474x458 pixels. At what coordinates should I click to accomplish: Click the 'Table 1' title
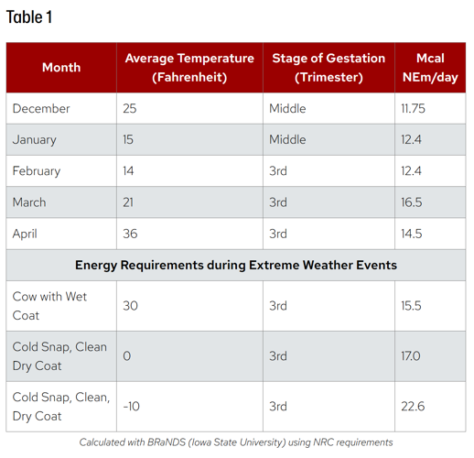click(x=29, y=17)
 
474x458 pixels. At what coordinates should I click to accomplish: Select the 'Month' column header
click(x=61, y=67)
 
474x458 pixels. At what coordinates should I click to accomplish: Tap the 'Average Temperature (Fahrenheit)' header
click(x=189, y=67)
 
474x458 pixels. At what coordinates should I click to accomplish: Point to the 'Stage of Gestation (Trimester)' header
click(x=329, y=67)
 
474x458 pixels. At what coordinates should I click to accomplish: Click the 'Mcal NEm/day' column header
click(x=430, y=67)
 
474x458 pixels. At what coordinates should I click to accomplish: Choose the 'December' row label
click(x=41, y=108)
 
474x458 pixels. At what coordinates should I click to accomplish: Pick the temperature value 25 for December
click(x=129, y=108)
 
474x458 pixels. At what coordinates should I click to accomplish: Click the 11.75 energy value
click(x=415, y=108)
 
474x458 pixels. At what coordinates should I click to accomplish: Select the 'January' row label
click(x=35, y=139)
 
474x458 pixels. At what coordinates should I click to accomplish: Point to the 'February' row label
click(x=37, y=170)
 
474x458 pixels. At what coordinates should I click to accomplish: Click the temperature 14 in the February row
click(x=128, y=170)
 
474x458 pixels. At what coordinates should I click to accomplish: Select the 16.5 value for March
click(x=412, y=202)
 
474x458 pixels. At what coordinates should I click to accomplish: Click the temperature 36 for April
click(x=130, y=234)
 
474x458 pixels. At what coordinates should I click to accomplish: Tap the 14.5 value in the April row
click(x=412, y=234)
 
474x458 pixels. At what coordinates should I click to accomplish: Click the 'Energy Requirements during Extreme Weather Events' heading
click(x=236, y=265)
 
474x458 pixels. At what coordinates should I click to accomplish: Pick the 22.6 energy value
click(x=412, y=406)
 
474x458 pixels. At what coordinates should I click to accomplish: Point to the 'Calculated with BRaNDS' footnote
click(x=236, y=442)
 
